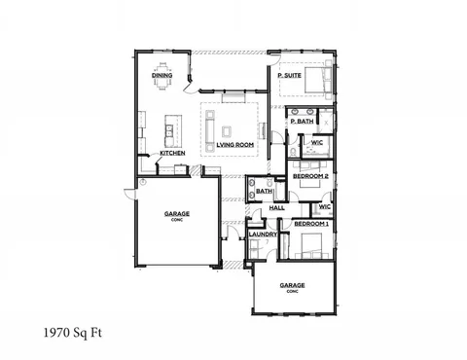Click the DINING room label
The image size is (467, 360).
(x=162, y=75)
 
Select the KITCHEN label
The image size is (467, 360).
(x=172, y=154)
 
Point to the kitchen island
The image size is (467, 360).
(x=173, y=127)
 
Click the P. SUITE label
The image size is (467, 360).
(x=288, y=75)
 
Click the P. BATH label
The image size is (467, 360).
(x=300, y=123)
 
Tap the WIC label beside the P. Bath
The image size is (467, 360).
(x=317, y=143)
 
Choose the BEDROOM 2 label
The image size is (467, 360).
(x=312, y=176)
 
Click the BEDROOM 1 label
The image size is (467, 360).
(x=312, y=225)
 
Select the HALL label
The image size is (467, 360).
(x=276, y=208)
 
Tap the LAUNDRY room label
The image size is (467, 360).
(x=264, y=234)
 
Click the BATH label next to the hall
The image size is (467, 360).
(x=265, y=192)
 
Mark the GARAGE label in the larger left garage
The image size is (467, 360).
(x=177, y=213)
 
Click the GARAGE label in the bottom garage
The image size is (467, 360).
(x=293, y=286)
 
